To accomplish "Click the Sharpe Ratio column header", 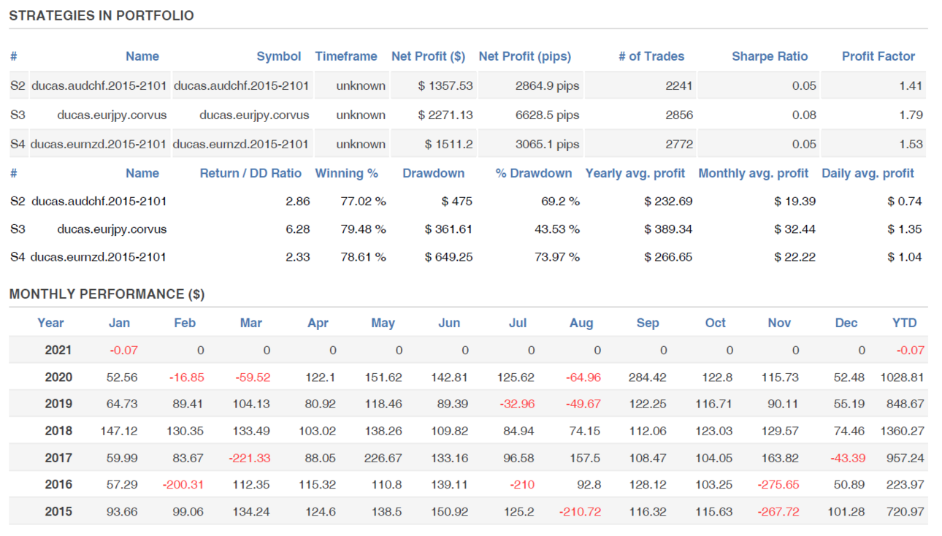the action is pyautogui.click(x=770, y=56).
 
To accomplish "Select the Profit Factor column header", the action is pyautogui.click(x=878, y=56).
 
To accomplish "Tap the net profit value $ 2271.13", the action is pyautogui.click(x=445, y=115).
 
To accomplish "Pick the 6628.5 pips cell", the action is pyautogui.click(x=547, y=115).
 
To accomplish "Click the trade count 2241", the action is pyautogui.click(x=678, y=85).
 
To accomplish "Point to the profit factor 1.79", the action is pyautogui.click(x=911, y=115).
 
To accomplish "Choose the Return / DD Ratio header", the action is pyautogui.click(x=250, y=173).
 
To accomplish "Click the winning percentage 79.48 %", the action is pyautogui.click(x=363, y=229).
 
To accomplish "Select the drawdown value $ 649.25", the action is pyautogui.click(x=448, y=257).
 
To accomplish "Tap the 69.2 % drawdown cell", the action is pyautogui.click(x=560, y=202).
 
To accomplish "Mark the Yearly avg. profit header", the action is pyautogui.click(x=635, y=173).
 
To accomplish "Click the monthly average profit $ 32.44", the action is pyautogui.click(x=794, y=229).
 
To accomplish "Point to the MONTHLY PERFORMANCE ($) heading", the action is pyautogui.click(x=107, y=294).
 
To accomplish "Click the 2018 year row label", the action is pyautogui.click(x=58, y=431).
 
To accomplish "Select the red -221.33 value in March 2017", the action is pyautogui.click(x=250, y=458).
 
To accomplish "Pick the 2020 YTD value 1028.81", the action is pyautogui.click(x=902, y=378).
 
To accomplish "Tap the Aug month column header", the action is pyautogui.click(x=581, y=323).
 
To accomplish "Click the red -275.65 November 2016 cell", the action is pyautogui.click(x=778, y=485).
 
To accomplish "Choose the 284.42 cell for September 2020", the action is pyautogui.click(x=647, y=378).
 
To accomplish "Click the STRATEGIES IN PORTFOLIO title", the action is pyautogui.click(x=102, y=15).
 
